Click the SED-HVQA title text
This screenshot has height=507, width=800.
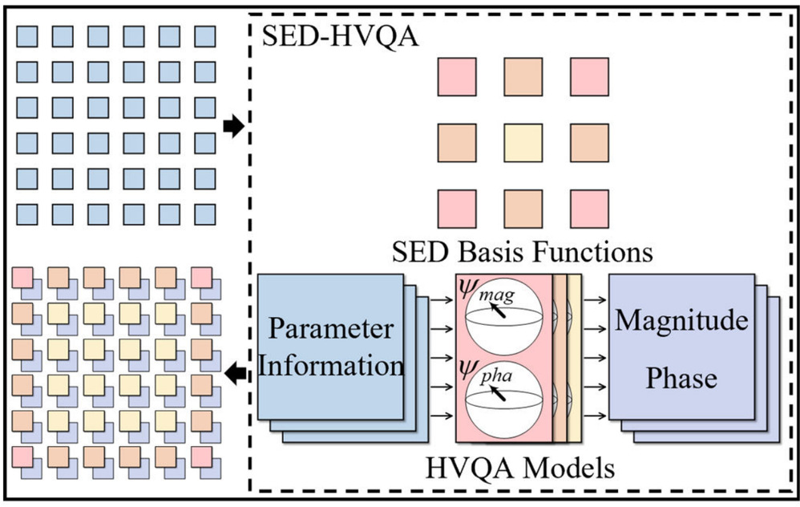[341, 35]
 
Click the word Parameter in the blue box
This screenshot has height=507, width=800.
[331, 329]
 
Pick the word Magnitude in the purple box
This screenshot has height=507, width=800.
[681, 322]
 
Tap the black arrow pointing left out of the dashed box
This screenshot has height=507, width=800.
[235, 372]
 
